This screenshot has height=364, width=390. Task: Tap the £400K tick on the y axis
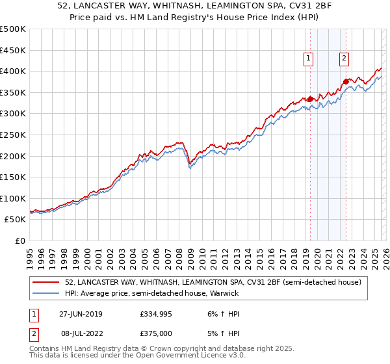[13, 71]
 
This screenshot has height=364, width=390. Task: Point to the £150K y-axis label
[13, 177]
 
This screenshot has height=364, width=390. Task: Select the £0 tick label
[20, 240]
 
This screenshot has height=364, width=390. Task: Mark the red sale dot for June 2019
[310, 99]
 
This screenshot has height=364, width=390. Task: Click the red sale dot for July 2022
[345, 82]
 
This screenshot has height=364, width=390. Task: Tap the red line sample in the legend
[47, 282]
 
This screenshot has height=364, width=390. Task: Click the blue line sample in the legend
[47, 293]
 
